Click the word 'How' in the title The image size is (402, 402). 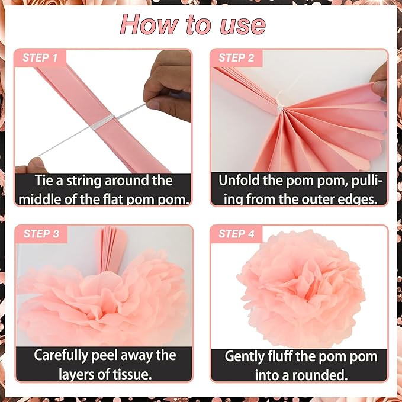tap(149, 24)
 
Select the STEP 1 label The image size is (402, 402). tap(40, 57)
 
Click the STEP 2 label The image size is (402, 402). tap(236, 57)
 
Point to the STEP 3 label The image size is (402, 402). tap(41, 234)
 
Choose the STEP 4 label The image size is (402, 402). tap(236, 234)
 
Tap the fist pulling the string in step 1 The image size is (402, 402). tap(168, 86)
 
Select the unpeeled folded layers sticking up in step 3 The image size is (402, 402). tap(111, 249)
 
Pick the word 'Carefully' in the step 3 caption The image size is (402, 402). tap(61, 356)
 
